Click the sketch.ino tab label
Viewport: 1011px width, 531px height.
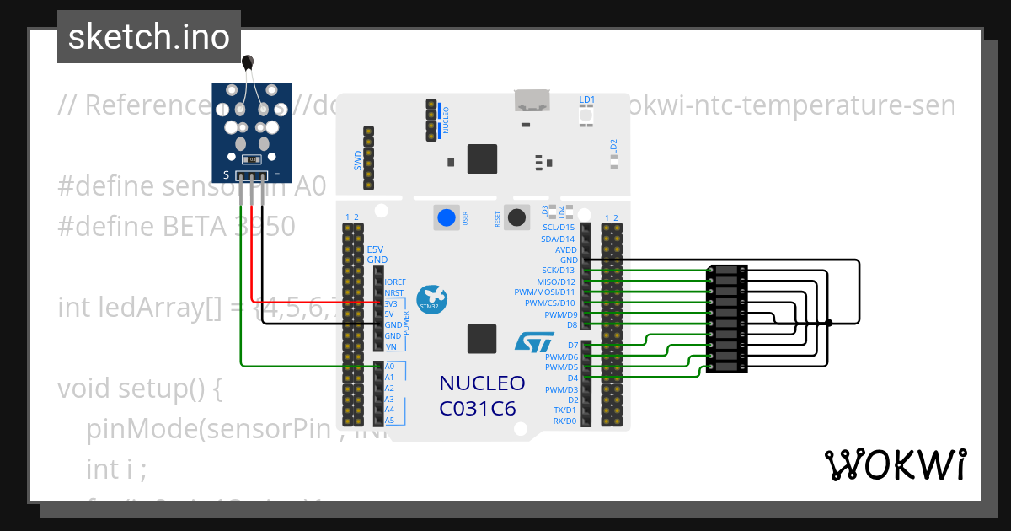pyautogui.click(x=148, y=37)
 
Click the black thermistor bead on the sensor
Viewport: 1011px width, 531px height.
pyautogui.click(x=248, y=61)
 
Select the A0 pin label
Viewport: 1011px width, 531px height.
pyautogui.click(x=389, y=367)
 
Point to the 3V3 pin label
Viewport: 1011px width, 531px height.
pyautogui.click(x=391, y=303)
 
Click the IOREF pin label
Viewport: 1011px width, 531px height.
pyautogui.click(x=394, y=282)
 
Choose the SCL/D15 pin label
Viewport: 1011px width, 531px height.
pyautogui.click(x=559, y=228)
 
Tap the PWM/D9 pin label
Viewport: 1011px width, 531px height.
pyautogui.click(x=560, y=314)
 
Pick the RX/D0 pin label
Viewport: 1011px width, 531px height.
pyautogui.click(x=564, y=421)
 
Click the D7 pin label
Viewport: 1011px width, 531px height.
pyautogui.click(x=572, y=346)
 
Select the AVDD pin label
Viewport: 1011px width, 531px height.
pyautogui.click(x=565, y=249)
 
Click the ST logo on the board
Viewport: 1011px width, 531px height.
pyautogui.click(x=534, y=342)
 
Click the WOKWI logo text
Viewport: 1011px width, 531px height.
pyautogui.click(x=895, y=464)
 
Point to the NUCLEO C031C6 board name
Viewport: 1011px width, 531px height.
pyautogui.click(x=482, y=395)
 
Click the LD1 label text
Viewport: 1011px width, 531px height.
pyautogui.click(x=587, y=99)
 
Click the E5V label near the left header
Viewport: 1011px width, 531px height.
pyautogui.click(x=376, y=249)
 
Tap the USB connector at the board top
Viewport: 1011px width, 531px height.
pyautogui.click(x=532, y=102)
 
